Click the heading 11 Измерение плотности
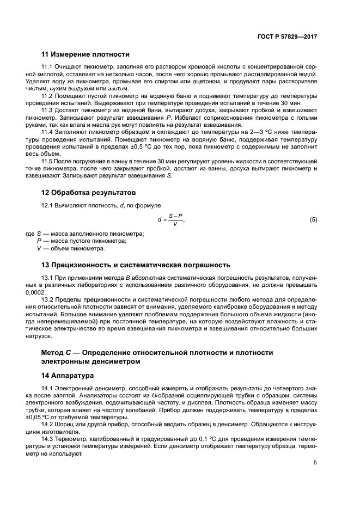point(86,54)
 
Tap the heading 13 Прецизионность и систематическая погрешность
point(136,265)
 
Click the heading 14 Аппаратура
point(68,376)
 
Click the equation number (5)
point(313,219)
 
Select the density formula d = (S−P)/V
point(171,219)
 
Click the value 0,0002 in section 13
point(51,292)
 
